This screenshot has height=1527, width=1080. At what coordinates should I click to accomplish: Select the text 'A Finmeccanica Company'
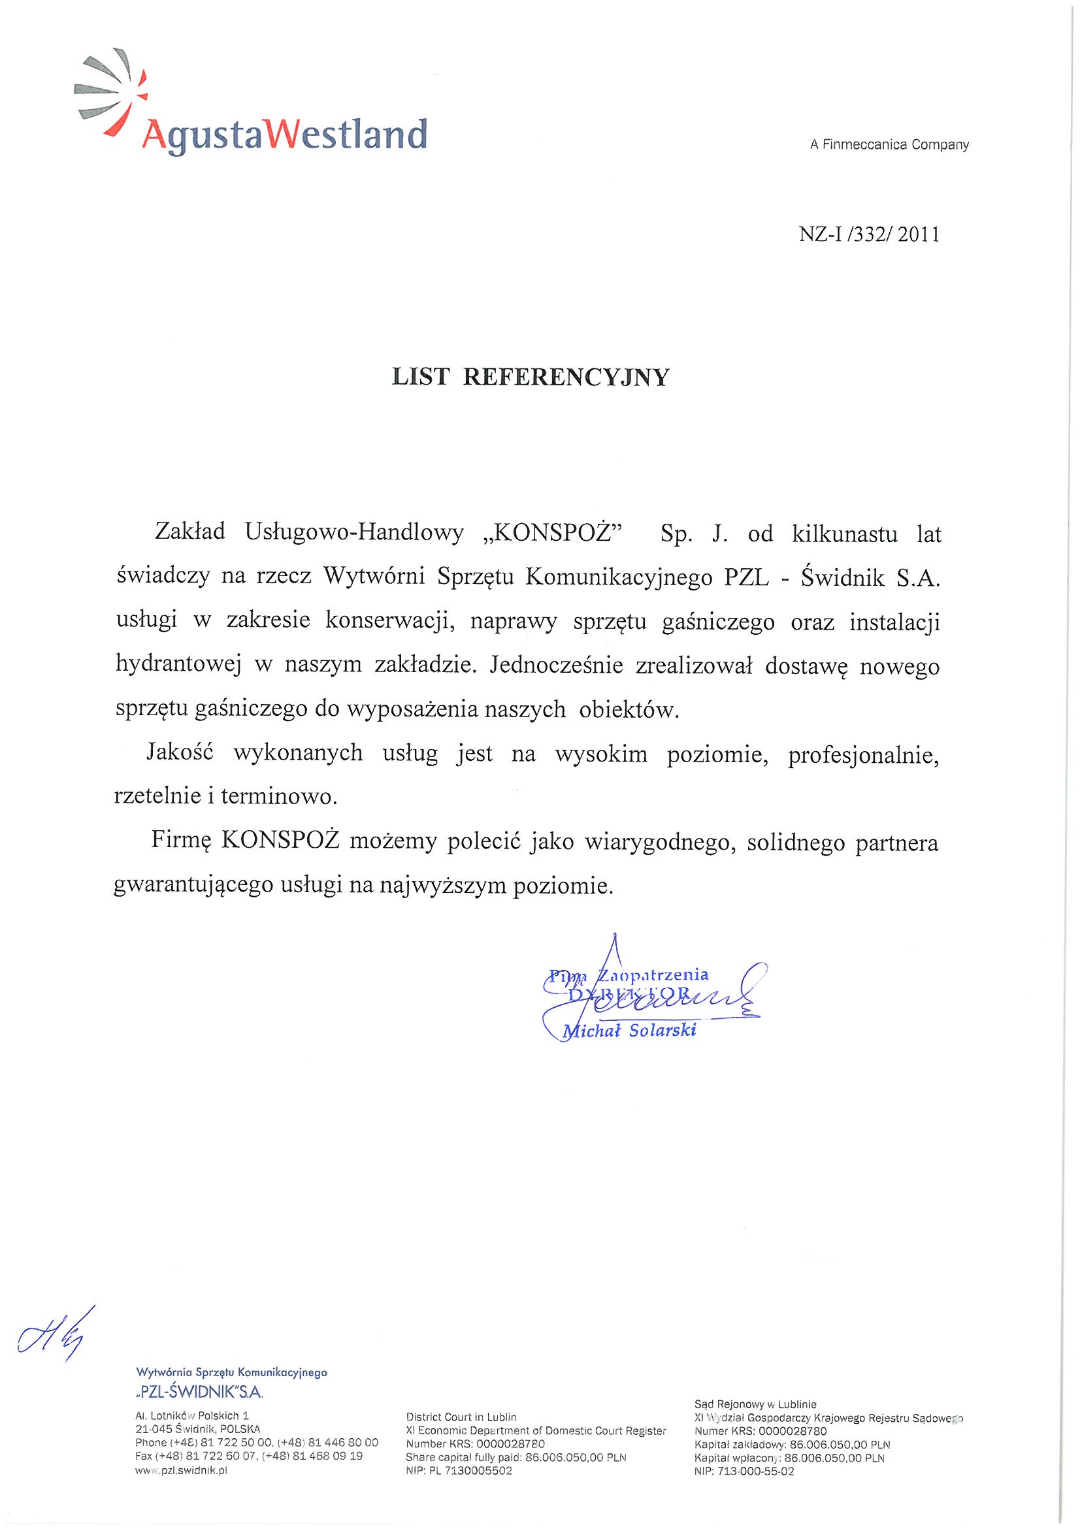[x=889, y=144]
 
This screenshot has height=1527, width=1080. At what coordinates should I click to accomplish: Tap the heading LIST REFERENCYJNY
[x=530, y=377]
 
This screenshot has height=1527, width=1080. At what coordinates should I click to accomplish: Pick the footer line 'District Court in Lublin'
[x=461, y=1417]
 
